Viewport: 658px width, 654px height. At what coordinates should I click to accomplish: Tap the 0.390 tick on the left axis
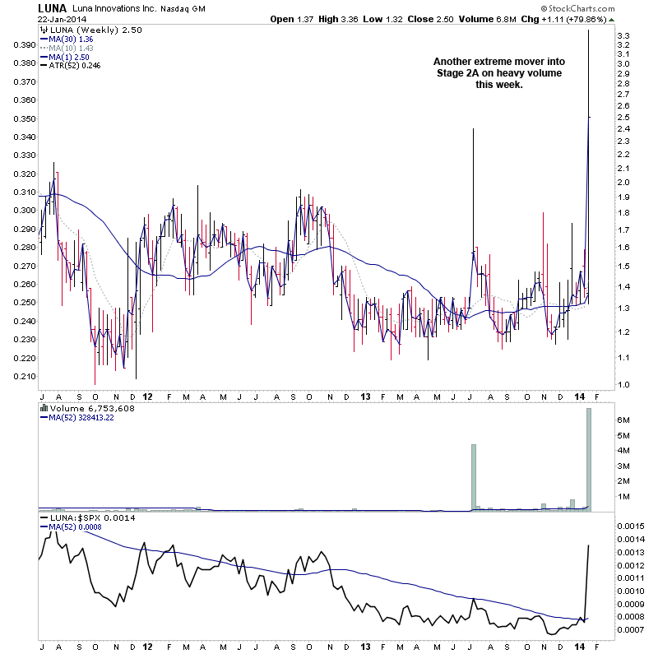tap(21, 44)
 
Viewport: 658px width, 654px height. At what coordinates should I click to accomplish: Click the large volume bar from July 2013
tap(474, 478)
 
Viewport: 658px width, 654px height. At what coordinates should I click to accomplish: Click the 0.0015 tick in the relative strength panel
tap(637, 525)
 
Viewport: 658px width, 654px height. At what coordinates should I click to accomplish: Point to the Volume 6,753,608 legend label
tap(85, 407)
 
